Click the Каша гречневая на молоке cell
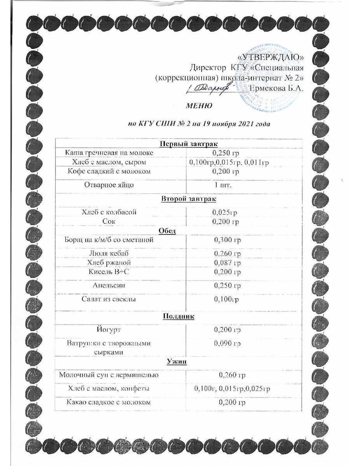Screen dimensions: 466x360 (x=109, y=153)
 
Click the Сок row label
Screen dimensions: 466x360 (x=110, y=221)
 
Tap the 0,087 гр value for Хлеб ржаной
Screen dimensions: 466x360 (x=228, y=263)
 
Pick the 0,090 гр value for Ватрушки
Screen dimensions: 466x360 (x=228, y=343)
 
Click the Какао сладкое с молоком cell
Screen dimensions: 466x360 (x=109, y=402)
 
